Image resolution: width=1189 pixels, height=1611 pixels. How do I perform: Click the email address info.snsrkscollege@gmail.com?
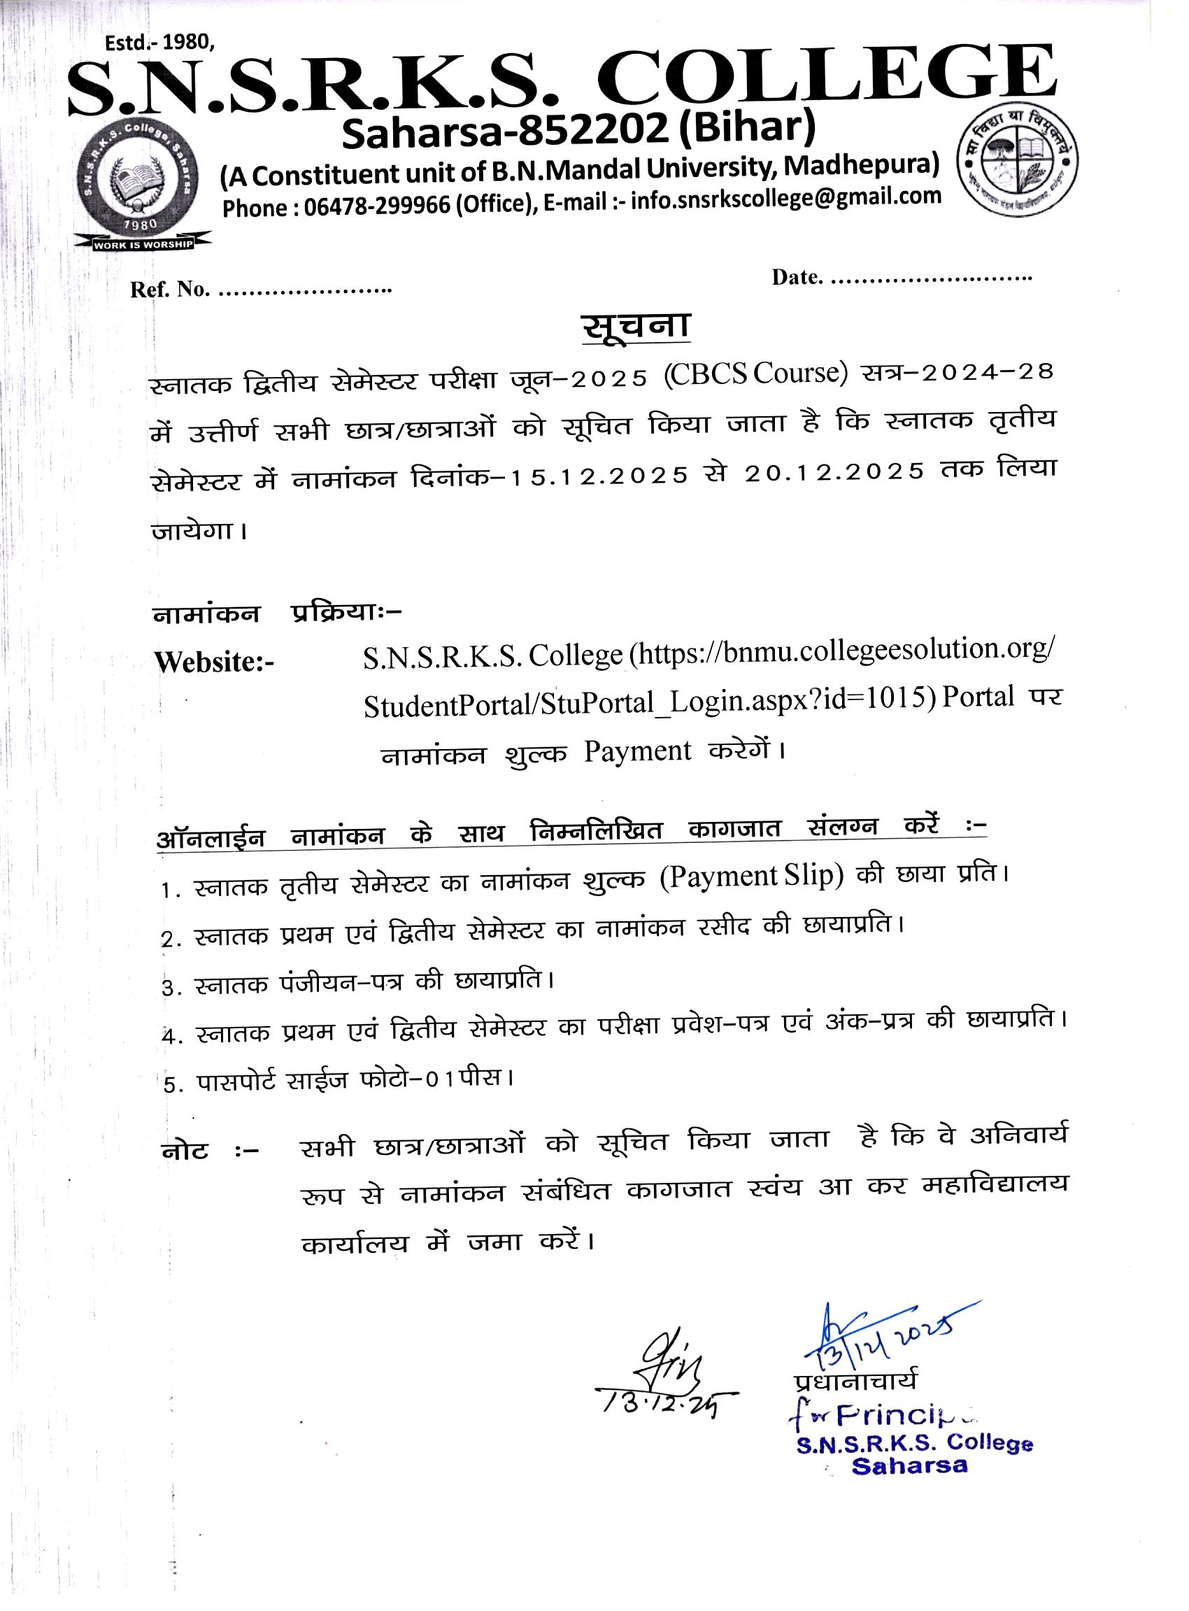(785, 199)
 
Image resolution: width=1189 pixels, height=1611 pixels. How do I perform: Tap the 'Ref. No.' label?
(169, 290)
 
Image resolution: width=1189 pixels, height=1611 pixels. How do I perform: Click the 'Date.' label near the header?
(797, 277)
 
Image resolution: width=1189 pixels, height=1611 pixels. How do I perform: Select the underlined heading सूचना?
(636, 327)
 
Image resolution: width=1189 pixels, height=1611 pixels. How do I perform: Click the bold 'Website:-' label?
(215, 662)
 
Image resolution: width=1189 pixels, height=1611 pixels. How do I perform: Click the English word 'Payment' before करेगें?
(637, 751)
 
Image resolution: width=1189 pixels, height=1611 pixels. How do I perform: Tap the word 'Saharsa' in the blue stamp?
(910, 1465)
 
